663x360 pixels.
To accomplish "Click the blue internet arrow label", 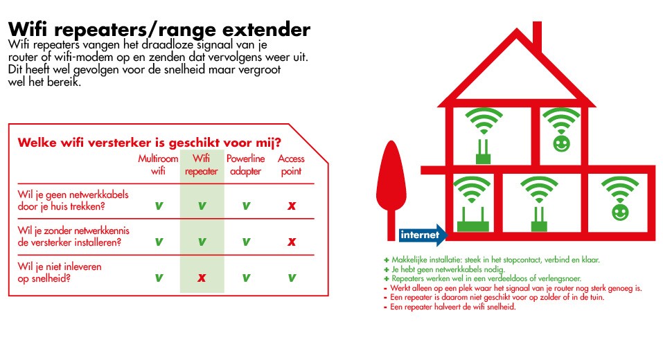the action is tap(423, 235).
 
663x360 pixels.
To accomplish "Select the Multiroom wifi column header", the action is tap(158, 165).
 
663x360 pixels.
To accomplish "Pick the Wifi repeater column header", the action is tap(202, 165).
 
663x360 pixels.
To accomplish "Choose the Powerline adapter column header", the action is tap(246, 165).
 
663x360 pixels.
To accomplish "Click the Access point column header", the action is tap(292, 165).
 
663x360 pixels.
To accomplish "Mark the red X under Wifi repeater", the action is tap(202, 278).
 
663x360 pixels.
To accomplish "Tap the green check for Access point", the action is tap(292, 278).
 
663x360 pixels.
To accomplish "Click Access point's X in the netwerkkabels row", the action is tap(292, 206).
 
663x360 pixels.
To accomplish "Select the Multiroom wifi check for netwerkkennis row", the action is tap(159, 242).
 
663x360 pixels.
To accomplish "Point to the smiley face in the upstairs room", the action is tap(562, 143).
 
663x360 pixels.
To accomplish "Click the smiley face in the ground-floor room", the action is tap(620, 212).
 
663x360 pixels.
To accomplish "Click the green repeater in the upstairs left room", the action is tap(484, 152).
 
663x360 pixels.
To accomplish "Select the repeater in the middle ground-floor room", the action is tap(539, 219).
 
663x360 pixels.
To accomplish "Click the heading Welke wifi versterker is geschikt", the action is tap(149, 143).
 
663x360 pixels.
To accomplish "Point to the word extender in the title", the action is tap(267, 30).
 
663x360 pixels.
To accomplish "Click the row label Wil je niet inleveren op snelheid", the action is tap(60, 273).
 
